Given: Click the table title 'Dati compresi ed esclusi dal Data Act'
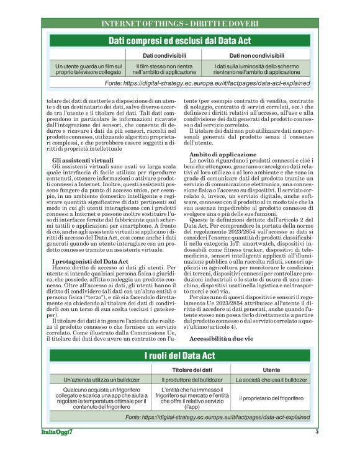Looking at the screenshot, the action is [180, 40].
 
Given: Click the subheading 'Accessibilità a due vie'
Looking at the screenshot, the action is [222, 339].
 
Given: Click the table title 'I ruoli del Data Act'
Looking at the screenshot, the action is [180, 356].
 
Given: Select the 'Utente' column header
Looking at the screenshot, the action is [272, 369].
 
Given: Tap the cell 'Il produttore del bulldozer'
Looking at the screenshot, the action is [187, 379].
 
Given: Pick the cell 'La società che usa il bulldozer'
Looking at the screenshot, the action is [271, 379].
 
